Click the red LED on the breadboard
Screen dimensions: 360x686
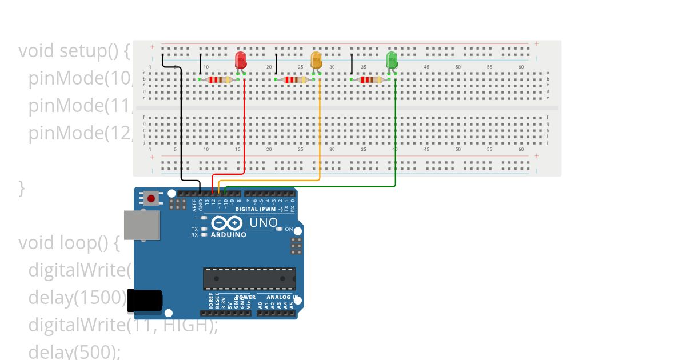[241, 59]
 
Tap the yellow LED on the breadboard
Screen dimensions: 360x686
[316, 59]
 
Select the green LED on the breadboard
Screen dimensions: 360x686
[392, 59]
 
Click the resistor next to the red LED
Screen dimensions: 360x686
[219, 79]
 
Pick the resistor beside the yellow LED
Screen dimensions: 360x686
[295, 79]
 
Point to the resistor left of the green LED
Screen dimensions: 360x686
[370, 79]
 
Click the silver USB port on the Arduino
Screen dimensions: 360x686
[142, 225]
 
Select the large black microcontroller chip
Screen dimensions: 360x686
[249, 278]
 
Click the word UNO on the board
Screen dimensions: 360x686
[264, 223]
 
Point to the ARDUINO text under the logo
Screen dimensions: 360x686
[228, 235]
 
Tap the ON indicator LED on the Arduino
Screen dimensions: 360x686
[280, 229]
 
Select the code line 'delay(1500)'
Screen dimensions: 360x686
[77, 297]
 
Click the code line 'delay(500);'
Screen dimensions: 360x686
[74, 351]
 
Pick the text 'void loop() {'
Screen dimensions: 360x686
[69, 243]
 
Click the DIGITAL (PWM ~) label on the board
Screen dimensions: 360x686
[258, 209]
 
